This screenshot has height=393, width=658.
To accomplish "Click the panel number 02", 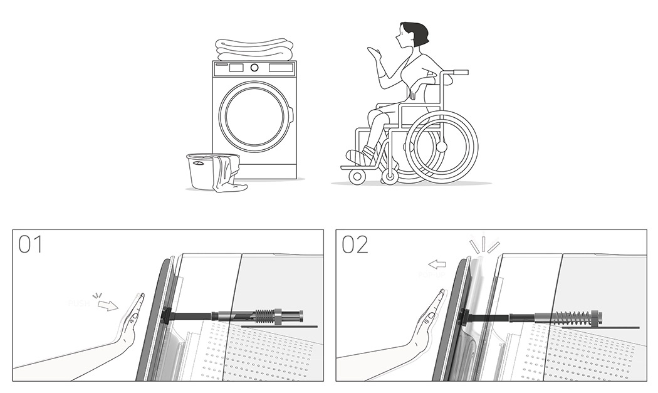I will (355, 244).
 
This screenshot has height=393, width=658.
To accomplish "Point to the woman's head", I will (414, 34).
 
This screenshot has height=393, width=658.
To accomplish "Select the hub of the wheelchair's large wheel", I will (442, 147).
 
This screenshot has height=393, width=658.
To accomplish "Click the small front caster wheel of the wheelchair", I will (357, 176).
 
